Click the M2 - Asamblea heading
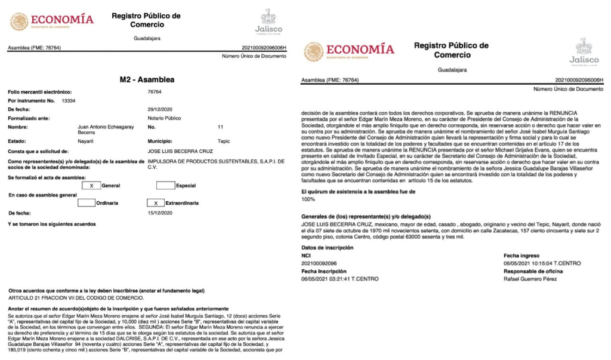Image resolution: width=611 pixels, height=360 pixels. tap(147, 79)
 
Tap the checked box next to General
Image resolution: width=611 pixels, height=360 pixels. tap(91, 186)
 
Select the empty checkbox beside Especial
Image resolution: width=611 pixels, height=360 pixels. tap(165, 186)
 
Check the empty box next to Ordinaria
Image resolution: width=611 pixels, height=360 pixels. tap(87, 203)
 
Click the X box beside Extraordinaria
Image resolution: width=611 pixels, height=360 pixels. tap(155, 203)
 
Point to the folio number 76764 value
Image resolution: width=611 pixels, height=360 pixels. tap(155, 92)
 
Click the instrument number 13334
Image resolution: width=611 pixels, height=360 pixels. tap(69, 101)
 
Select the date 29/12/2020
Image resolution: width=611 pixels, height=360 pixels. tap(159, 110)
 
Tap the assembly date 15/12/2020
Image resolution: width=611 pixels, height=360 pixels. tap(159, 213)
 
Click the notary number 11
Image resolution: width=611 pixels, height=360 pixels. tap(220, 127)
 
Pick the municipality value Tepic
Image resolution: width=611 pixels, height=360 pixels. tap(223, 141)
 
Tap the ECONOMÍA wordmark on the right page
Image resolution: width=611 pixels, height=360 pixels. tap(360, 49)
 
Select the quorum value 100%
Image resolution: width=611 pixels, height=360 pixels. tap(308, 199)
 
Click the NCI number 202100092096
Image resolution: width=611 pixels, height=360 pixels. tap(319, 263)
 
